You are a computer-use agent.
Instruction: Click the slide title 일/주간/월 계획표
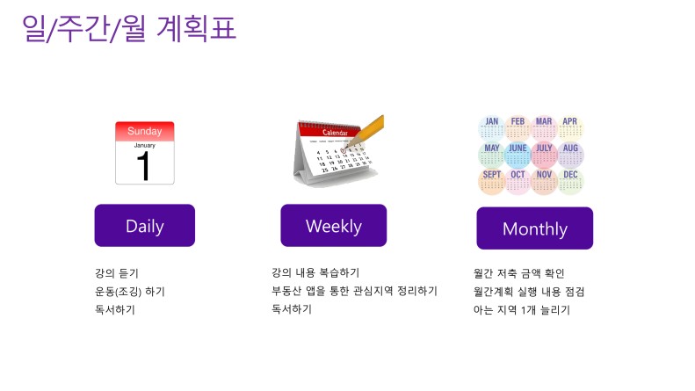coord(129,28)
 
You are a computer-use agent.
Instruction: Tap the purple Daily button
coord(144,225)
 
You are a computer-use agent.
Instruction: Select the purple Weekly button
coord(333,225)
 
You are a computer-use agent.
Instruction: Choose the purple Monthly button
coord(534,228)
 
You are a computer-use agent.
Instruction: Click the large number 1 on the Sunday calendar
coord(143,166)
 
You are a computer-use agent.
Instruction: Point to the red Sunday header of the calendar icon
coord(144,131)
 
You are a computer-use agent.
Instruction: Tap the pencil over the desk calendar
coord(366,131)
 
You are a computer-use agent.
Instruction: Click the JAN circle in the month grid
coord(491,128)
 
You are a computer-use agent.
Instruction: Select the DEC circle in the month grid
coord(570,181)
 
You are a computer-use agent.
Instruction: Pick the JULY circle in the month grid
coord(544,155)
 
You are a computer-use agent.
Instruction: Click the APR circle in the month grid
coord(570,128)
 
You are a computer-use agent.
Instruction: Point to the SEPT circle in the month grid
coord(491,181)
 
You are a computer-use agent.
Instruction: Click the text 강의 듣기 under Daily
coord(117,273)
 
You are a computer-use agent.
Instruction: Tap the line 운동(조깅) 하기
coord(130,291)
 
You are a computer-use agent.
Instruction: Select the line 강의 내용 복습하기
coord(315,272)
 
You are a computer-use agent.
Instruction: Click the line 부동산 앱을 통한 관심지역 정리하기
coord(354,291)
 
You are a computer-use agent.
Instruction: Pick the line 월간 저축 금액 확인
coord(518,273)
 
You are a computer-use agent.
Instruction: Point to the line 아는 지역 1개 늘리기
coord(521,310)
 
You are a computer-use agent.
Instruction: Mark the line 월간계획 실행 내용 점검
coord(529,292)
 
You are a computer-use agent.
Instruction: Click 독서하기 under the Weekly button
coord(292,309)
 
